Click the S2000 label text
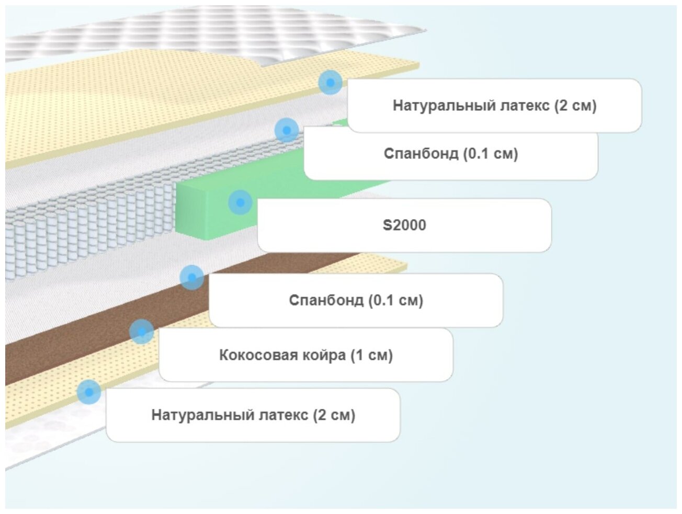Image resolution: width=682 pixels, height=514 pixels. click(404, 225)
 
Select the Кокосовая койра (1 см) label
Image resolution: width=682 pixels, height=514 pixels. click(305, 355)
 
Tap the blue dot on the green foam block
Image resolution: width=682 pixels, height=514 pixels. click(240, 202)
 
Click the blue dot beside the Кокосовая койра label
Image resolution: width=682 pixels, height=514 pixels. click(141, 331)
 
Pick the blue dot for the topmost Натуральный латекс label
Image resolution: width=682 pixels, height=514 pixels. click(330, 82)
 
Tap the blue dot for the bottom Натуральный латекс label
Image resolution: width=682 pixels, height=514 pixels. click(89, 392)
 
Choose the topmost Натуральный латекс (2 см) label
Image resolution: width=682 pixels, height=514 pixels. click(494, 106)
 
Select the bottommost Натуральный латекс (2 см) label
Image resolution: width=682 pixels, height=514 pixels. click(253, 415)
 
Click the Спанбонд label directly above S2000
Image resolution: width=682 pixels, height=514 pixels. click(450, 154)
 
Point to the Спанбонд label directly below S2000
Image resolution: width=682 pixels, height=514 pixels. click(356, 300)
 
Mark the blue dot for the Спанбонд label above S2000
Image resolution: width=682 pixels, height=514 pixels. click(286, 130)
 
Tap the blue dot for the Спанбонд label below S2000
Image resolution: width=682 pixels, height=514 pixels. click(192, 277)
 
